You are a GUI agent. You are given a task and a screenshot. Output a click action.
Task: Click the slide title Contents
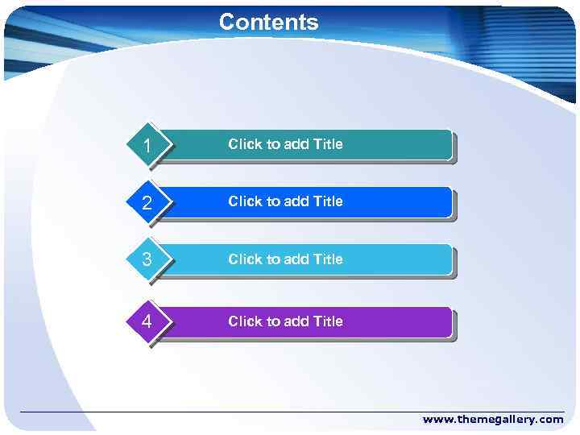(269, 22)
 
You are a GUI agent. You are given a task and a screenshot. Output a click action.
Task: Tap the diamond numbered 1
(147, 146)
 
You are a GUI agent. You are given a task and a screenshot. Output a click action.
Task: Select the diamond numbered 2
(147, 203)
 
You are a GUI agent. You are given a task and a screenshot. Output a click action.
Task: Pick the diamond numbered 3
(147, 260)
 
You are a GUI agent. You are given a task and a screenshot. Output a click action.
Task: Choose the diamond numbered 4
(147, 322)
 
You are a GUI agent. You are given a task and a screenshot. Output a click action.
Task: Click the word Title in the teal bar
(327, 144)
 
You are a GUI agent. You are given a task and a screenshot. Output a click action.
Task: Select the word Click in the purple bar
(244, 321)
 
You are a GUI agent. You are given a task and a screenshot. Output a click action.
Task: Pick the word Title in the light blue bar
(327, 259)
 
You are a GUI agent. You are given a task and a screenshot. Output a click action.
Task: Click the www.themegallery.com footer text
(493, 420)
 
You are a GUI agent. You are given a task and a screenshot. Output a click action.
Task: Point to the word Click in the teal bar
(244, 144)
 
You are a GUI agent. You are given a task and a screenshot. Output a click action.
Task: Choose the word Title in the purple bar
(327, 321)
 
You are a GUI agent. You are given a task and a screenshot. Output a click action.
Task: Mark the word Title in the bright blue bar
(327, 201)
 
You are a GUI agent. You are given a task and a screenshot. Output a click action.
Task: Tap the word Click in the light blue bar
(244, 259)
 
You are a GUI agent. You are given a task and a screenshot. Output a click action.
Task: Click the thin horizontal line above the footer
(290, 412)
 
